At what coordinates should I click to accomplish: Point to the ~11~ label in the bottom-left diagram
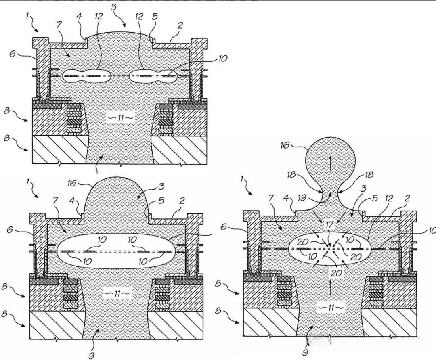coord(117,293)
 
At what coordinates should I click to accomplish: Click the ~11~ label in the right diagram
coord(330,308)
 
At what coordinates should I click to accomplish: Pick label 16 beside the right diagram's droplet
coord(285,145)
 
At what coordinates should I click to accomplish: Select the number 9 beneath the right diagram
coord(306,352)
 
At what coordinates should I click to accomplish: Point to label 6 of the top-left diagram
coord(12,54)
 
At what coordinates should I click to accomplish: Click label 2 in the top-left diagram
coord(180,25)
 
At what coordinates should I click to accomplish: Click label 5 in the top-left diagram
coord(155,16)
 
